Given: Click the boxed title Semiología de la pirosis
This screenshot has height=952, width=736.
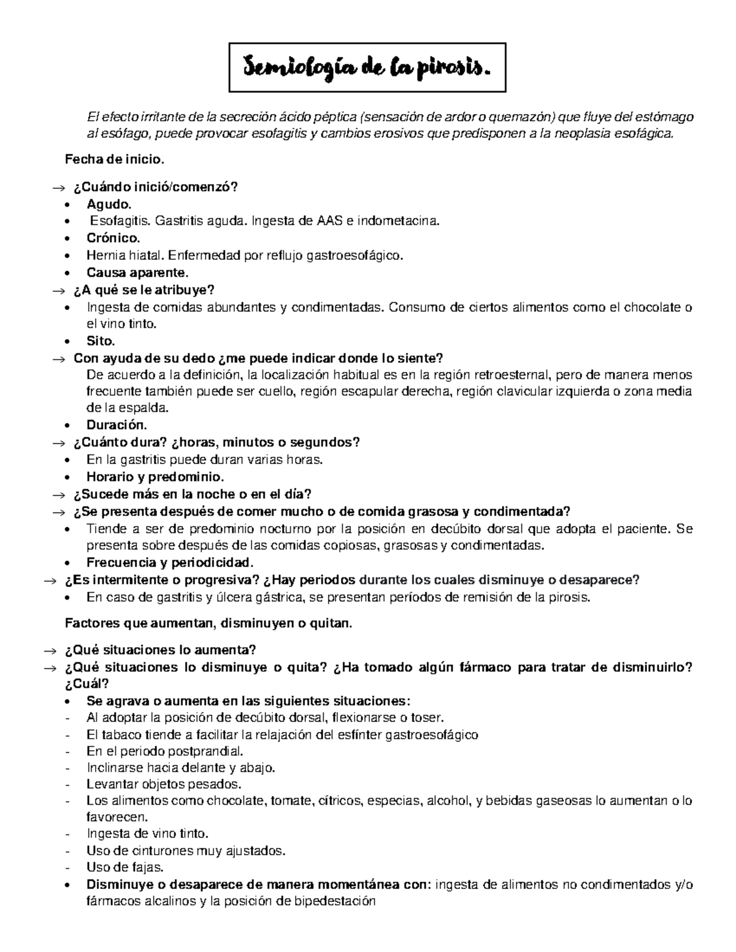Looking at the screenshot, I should (367, 67).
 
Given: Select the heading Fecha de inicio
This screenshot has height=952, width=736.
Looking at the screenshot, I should (115, 161).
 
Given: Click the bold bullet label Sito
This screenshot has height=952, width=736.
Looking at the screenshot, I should (101, 341).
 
